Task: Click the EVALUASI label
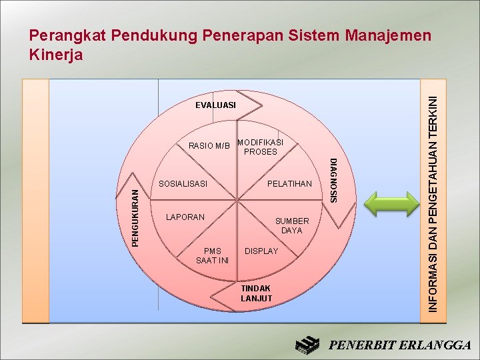(x=215, y=105)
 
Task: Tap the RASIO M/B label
(x=209, y=146)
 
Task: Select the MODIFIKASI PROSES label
(x=260, y=147)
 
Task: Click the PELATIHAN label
(x=289, y=184)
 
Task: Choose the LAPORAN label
(x=185, y=217)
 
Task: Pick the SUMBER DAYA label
(x=292, y=225)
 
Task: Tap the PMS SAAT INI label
(x=213, y=256)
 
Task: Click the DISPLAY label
(x=261, y=251)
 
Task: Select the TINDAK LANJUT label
(x=257, y=293)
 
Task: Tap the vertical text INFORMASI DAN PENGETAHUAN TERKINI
(x=434, y=203)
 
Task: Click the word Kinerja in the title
(x=57, y=55)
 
